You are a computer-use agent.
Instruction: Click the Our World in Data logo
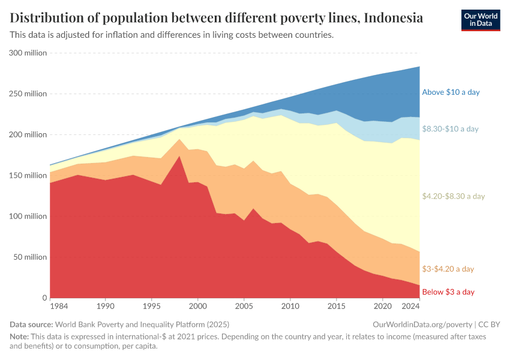480,20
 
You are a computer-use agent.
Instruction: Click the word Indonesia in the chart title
393,18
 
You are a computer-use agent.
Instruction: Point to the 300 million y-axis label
28,53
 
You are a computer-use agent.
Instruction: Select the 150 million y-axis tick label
28,175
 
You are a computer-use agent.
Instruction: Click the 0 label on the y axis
44,298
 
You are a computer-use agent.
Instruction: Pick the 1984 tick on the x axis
59,307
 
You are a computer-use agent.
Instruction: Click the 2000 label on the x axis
197,307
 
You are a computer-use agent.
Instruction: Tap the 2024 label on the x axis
410,307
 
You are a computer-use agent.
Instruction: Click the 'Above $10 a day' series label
451,92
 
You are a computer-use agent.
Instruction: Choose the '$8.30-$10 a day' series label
450,129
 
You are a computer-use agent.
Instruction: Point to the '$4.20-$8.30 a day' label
453,196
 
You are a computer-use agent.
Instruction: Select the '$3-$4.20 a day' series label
448,269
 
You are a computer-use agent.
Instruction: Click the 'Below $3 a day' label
448,292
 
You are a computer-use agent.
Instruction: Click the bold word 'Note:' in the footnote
20,337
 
